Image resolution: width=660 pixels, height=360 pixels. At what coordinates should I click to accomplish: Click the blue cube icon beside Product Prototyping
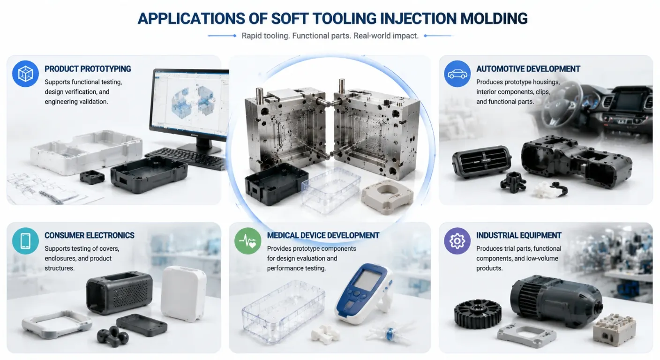point(25,74)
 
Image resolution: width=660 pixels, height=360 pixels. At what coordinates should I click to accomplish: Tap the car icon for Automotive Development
point(457,74)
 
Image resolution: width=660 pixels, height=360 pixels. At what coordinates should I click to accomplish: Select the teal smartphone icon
point(25,240)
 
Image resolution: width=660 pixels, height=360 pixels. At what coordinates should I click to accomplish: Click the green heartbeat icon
point(248,240)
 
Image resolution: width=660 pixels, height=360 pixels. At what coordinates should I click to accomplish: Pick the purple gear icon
point(457,240)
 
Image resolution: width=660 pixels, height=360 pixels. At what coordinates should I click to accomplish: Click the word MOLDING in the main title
point(494,19)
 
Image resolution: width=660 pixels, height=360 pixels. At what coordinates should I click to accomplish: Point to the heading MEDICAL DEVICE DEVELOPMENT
point(323,235)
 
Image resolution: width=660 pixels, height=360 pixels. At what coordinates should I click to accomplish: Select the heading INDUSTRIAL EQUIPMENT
point(518,235)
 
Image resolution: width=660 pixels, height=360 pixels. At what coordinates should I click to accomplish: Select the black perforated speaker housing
point(120,292)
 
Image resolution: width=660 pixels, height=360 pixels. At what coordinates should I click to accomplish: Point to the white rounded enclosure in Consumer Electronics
point(184,293)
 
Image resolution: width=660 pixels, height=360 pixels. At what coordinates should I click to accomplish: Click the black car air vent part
point(481,161)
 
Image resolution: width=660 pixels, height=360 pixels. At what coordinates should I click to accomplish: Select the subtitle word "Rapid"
point(251,36)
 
